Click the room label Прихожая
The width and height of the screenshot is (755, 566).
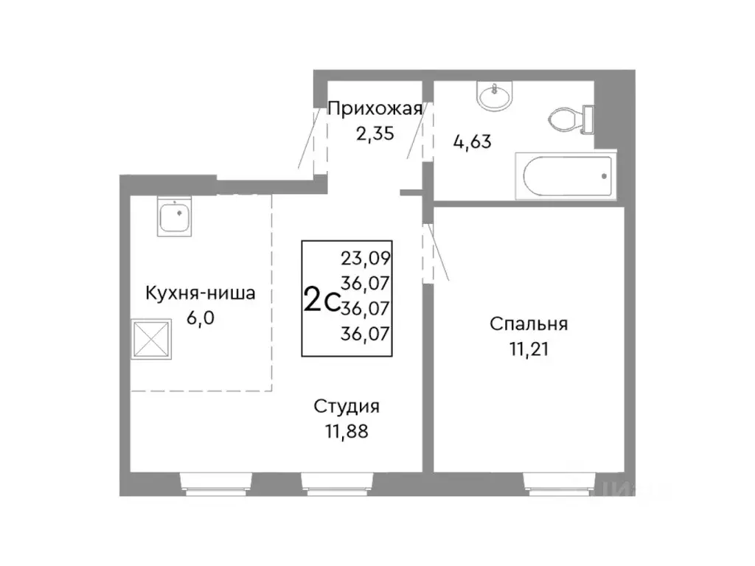[x=375, y=109]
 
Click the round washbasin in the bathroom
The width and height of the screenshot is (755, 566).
[x=493, y=97]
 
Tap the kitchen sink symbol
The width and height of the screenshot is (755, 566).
[x=176, y=217]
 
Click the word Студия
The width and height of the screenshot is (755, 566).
[x=347, y=407]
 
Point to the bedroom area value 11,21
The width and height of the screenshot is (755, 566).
[x=529, y=348]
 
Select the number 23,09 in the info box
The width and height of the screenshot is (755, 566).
[x=366, y=259]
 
